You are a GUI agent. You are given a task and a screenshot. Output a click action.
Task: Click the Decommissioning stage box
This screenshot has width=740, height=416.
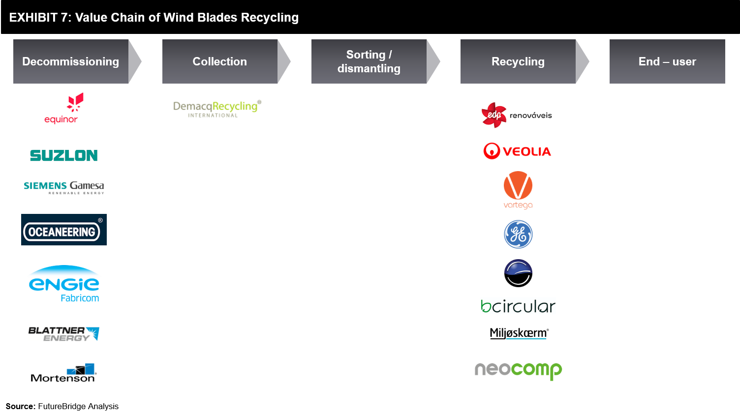pyautogui.click(x=71, y=61)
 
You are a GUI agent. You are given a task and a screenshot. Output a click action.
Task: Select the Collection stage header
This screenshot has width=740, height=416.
pyautogui.click(x=220, y=61)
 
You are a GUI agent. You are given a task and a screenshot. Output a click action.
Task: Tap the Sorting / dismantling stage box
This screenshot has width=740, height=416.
pyautogui.click(x=369, y=61)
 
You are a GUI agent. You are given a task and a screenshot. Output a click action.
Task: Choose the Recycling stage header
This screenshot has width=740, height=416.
pyautogui.click(x=518, y=61)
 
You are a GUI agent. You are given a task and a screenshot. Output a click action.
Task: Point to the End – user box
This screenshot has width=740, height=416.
pyautogui.click(x=667, y=61)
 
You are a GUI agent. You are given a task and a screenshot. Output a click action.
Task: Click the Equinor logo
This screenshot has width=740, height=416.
pyautogui.click(x=64, y=108)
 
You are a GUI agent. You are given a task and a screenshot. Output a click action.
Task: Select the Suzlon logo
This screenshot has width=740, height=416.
pyautogui.click(x=64, y=155)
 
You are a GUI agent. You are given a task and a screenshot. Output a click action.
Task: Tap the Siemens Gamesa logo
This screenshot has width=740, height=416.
pyautogui.click(x=64, y=187)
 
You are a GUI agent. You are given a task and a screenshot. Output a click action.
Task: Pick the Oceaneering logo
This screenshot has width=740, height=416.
pyautogui.click(x=64, y=230)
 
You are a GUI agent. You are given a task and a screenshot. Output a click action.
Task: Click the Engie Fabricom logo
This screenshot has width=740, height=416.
pyautogui.click(x=64, y=284)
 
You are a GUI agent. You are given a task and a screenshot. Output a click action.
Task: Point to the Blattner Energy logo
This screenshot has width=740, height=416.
pyautogui.click(x=64, y=334)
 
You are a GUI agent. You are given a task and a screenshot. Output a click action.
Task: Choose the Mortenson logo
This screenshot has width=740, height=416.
pyautogui.click(x=63, y=373)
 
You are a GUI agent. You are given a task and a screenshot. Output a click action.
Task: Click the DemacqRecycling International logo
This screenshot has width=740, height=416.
pyautogui.click(x=217, y=109)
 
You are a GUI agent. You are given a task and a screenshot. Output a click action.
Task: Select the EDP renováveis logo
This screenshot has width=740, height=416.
pyautogui.click(x=517, y=115)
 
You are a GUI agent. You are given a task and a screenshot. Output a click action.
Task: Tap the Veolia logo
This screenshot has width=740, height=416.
pyautogui.click(x=517, y=151)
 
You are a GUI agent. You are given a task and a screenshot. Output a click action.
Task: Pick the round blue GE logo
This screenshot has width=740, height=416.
pyautogui.click(x=518, y=235)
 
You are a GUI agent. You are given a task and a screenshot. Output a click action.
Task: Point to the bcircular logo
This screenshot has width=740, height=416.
pyautogui.click(x=518, y=306)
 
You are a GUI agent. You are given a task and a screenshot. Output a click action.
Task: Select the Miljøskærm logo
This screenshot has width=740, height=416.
pyautogui.click(x=519, y=333)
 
